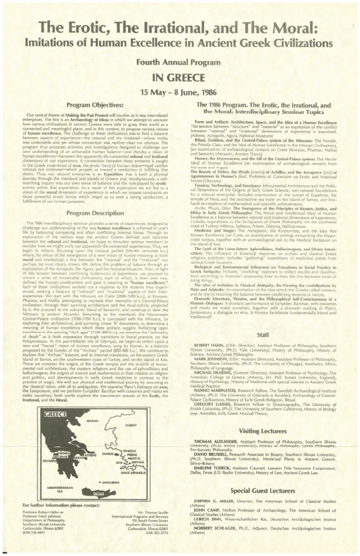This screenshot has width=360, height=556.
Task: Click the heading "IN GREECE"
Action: pos(179,76)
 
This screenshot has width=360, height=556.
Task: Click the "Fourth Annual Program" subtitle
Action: pos(179,61)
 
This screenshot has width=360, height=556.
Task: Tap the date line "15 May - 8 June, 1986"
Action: pos(179,90)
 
